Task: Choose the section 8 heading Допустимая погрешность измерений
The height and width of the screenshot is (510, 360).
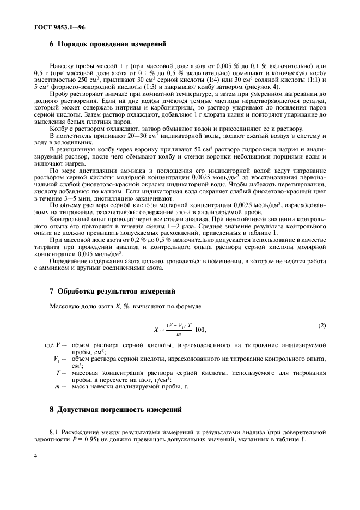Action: pyautogui.click(x=116, y=409)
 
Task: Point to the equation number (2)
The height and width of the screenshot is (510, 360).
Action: pyautogui.click(x=322, y=326)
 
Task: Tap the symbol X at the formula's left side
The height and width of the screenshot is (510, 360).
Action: pyautogui.click(x=156, y=329)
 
